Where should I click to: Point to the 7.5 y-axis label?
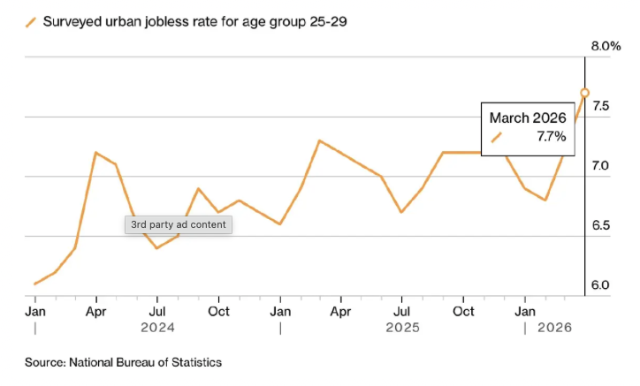[601, 106]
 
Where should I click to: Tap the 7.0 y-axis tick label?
[601, 166]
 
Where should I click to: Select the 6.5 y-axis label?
[601, 225]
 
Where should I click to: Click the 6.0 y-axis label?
[601, 285]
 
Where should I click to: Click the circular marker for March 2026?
[584, 93]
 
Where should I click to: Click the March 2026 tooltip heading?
[528, 117]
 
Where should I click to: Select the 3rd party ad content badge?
[178, 224]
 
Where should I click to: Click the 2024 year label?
[157, 328]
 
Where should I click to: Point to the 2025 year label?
[402, 328]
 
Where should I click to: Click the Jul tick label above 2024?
[157, 311]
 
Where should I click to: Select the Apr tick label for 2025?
[340, 311]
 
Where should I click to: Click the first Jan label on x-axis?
[35, 311]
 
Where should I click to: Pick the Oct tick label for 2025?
[463, 311]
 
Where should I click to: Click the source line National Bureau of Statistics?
[123, 363]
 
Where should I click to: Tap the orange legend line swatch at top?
[31, 22]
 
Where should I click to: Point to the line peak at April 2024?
[95, 153]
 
